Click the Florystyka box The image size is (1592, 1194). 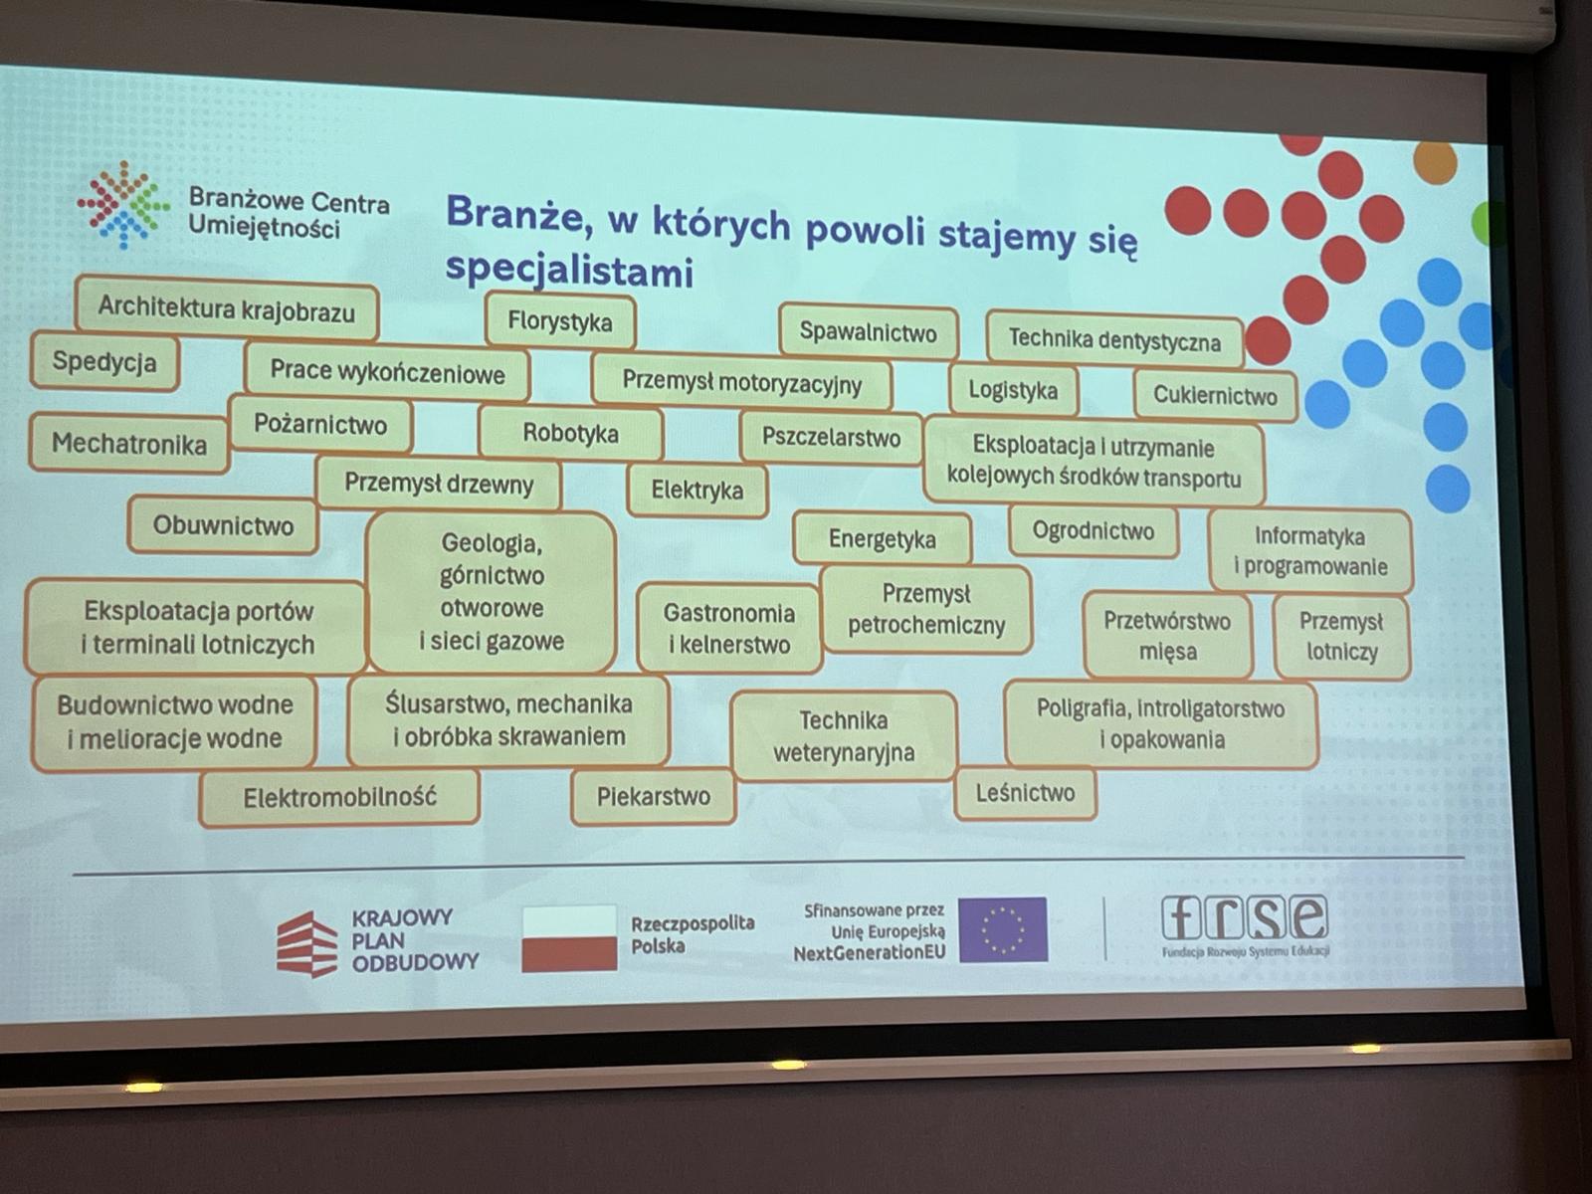[560, 321]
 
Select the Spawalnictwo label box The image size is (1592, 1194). [868, 332]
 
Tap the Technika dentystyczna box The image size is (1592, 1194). [1114, 340]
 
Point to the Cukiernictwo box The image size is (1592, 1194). [1215, 395]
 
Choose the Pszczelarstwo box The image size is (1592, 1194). [831, 438]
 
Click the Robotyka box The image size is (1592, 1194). [570, 434]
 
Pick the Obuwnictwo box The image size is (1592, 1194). [223, 525]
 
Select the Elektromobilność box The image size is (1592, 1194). [339, 797]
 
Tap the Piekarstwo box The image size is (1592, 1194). [654, 797]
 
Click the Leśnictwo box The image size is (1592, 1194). [1025, 793]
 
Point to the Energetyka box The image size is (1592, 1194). [882, 539]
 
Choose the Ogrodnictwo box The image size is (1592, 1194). [1093, 531]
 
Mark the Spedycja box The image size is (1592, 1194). [104, 362]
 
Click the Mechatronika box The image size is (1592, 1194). [129, 444]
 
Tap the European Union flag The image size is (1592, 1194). [1003, 929]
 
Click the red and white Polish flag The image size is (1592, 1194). [569, 937]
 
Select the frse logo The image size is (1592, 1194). [1244, 922]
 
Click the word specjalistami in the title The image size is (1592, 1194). [569, 270]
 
